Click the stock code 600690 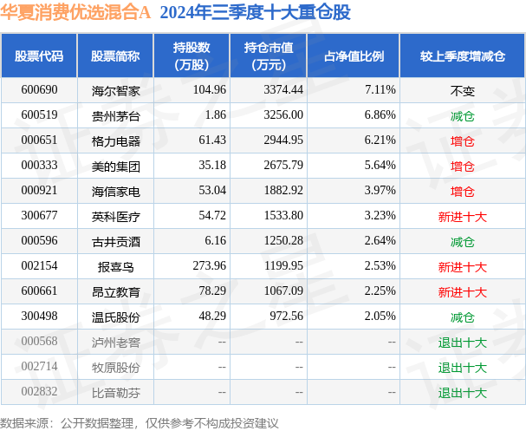click(38, 89)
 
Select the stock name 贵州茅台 click(115, 114)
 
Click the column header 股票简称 click(115, 56)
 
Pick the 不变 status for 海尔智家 click(462, 89)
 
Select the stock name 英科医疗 click(115, 216)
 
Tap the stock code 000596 click(38, 241)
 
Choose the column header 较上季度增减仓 click(462, 56)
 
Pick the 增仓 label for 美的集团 click(462, 165)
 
